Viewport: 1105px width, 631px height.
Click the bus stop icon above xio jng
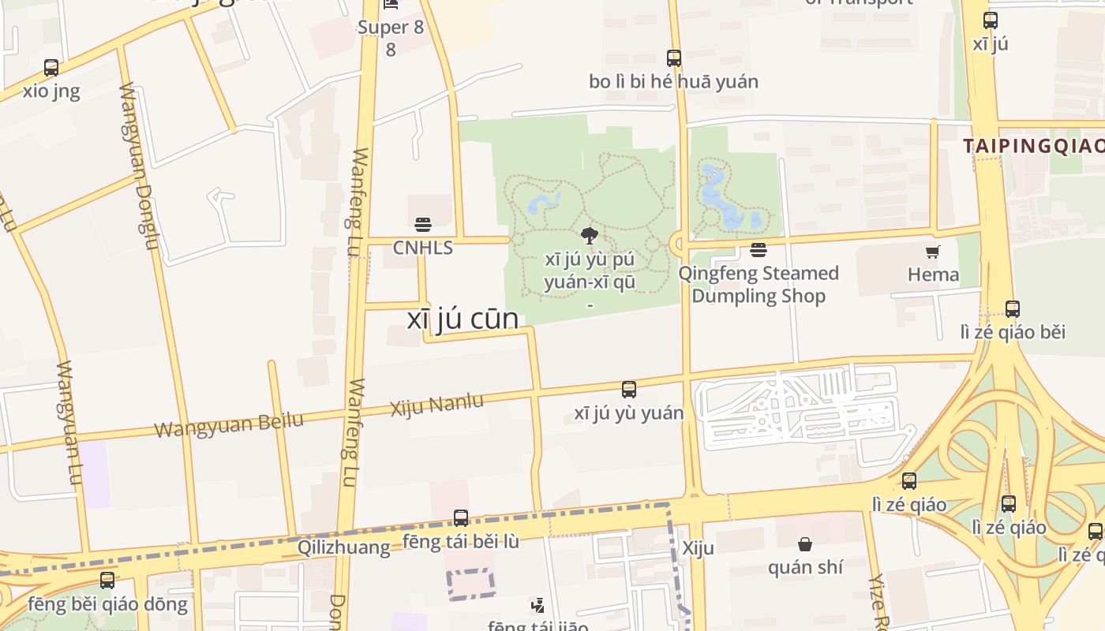(x=51, y=68)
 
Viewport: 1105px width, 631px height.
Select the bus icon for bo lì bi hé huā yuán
(x=673, y=58)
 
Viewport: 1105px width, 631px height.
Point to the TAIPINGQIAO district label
(x=1033, y=146)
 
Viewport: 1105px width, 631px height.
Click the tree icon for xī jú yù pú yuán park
(x=589, y=235)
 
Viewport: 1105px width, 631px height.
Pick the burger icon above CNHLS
(x=423, y=225)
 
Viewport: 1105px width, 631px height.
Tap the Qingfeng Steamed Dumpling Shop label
(x=759, y=285)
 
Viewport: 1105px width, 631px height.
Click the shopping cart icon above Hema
(x=933, y=252)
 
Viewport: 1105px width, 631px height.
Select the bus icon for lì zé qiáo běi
(x=1013, y=308)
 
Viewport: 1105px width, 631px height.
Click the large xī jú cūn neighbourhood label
(x=463, y=319)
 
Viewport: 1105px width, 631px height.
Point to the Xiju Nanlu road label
(x=437, y=405)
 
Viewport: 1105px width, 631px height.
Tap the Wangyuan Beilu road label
(x=229, y=424)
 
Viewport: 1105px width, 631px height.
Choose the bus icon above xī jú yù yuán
(x=629, y=389)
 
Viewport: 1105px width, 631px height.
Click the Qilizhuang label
(x=343, y=547)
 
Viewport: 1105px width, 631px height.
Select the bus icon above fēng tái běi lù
(x=461, y=518)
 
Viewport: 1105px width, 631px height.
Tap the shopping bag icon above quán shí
(x=805, y=544)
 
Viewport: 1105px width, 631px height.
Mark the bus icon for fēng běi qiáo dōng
(x=107, y=581)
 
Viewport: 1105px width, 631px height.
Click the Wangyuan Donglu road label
(x=138, y=165)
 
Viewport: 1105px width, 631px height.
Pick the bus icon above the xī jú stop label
(x=990, y=21)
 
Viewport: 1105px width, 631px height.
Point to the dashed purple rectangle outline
(x=471, y=584)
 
